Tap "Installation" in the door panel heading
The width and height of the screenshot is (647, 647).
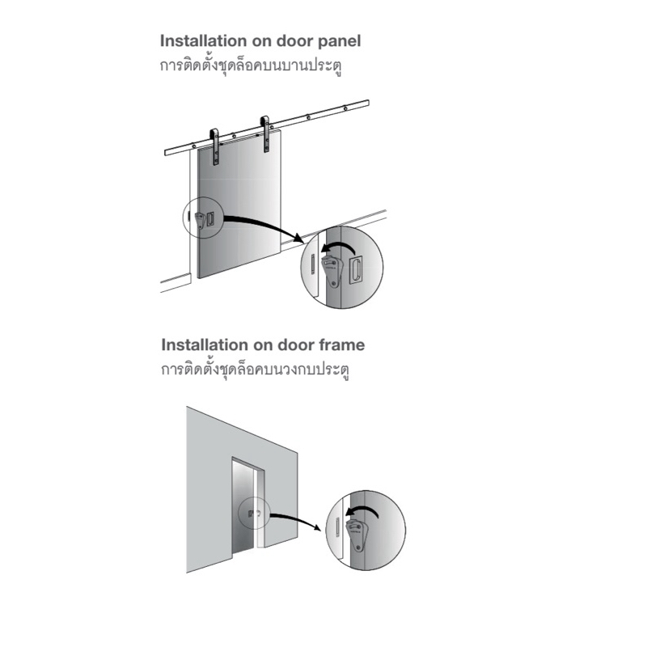pyautogui.click(x=203, y=41)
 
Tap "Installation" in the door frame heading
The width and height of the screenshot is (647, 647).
pyautogui.click(x=205, y=345)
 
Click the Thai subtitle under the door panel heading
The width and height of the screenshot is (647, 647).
pyautogui.click(x=251, y=66)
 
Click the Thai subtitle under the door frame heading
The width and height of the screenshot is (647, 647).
pyautogui.click(x=256, y=370)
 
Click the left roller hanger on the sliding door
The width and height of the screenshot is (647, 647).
pyautogui.click(x=214, y=146)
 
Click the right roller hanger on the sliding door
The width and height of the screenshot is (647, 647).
pyautogui.click(x=265, y=134)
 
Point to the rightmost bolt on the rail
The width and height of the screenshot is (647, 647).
pyautogui.click(x=345, y=108)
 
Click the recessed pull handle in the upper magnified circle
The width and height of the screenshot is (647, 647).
pyautogui.click(x=356, y=271)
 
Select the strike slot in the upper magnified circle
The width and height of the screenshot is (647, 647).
pyautogui.click(x=313, y=264)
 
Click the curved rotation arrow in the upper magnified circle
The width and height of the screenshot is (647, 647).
pyautogui.click(x=339, y=246)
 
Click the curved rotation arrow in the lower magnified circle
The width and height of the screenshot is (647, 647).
pyautogui.click(x=363, y=510)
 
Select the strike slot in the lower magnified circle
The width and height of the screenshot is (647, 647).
pyautogui.click(x=337, y=527)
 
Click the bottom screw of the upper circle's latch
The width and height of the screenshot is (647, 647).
pyautogui.click(x=334, y=283)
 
